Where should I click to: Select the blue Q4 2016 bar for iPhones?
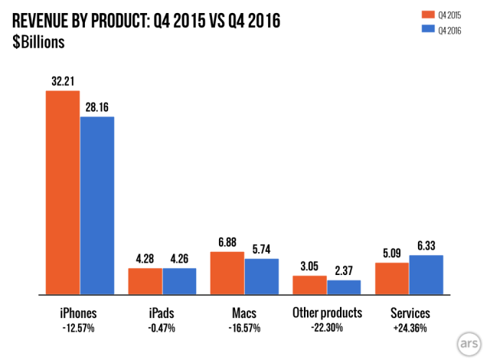97,205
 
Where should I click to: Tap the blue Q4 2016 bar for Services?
426,275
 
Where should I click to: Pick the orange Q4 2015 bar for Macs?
227,273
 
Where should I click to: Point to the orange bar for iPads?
145,281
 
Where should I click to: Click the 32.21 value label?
62,80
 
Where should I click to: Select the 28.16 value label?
97,106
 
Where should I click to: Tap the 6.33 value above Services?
426,245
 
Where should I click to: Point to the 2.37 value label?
344,270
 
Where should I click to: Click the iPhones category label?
80,313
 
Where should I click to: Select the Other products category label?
327,313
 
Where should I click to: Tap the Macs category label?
244,313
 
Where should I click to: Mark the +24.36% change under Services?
410,328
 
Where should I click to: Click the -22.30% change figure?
327,328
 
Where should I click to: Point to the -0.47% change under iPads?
162,328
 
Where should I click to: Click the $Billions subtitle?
38,43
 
